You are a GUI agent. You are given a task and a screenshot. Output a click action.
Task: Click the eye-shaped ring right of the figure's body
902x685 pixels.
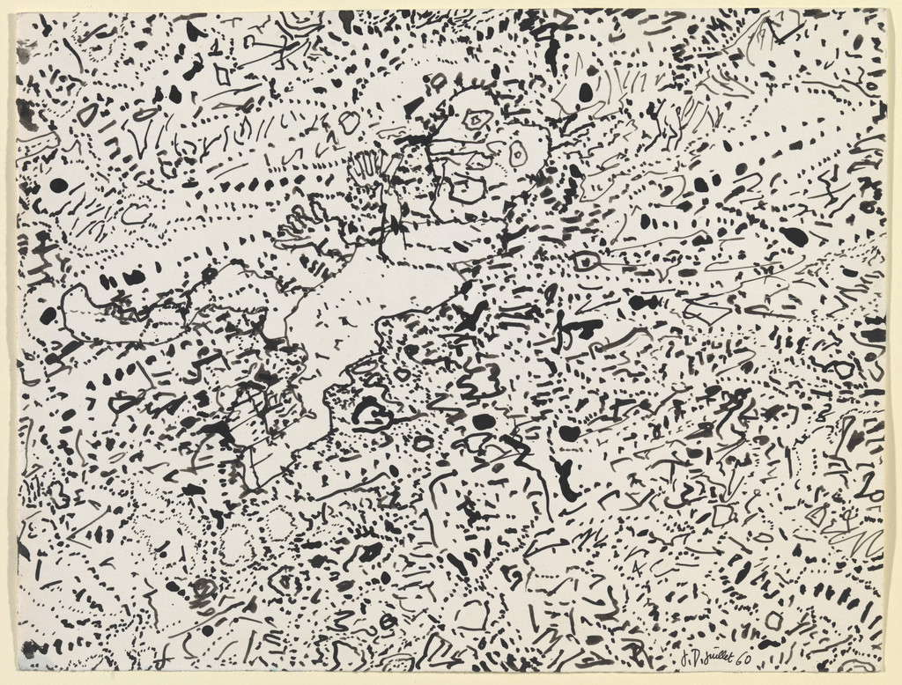pos(585,261)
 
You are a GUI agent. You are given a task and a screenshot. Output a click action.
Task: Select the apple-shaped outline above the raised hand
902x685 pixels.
pos(350,118)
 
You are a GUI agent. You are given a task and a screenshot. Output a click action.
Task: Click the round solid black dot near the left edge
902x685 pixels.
pos(58,185)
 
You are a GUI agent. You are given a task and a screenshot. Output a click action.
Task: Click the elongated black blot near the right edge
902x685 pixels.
pos(794,235)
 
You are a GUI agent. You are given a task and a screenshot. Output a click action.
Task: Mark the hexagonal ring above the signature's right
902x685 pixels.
pos(773,620)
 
